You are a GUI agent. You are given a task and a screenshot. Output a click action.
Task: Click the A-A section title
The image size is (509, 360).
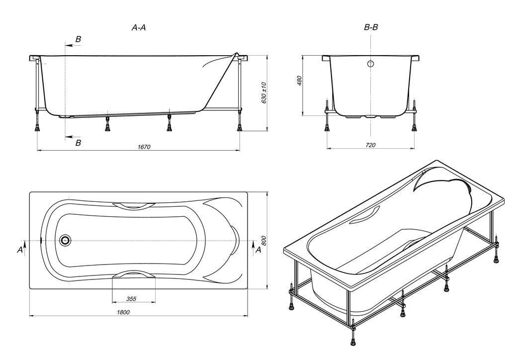coord(139,28)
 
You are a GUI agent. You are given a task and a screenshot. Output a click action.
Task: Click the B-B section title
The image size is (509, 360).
coord(371,27)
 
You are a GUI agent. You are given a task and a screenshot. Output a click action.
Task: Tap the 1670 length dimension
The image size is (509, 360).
coord(144,147)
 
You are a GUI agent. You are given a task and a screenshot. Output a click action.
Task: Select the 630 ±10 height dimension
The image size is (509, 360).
coord(263,93)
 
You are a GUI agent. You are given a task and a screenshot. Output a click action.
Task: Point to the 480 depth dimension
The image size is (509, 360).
coord(299,81)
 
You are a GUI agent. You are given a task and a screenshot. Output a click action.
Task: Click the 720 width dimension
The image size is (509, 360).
coord(370,145)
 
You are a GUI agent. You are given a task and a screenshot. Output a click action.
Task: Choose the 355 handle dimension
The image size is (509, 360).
coord(131,299)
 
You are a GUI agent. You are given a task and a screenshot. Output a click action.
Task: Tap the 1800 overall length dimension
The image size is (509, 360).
coord(123,312)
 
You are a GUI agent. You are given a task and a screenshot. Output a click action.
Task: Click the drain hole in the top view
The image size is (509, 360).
coord(66,240)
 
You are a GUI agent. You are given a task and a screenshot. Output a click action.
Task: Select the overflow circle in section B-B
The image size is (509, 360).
coord(371,64)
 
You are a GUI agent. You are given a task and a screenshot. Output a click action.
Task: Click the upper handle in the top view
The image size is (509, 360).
coord(134,205)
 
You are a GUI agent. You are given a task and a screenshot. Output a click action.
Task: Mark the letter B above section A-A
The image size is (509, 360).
coord(78,39)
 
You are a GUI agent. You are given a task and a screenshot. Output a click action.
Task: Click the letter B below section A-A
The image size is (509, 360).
coord(78,143)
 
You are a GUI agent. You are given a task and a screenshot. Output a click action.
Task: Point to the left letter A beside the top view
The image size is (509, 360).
coord(20,250)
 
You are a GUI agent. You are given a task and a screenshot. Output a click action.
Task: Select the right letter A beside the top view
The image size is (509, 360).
coord(258,250)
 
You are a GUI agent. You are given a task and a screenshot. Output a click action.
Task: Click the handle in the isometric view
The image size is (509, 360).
coord(365,215)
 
